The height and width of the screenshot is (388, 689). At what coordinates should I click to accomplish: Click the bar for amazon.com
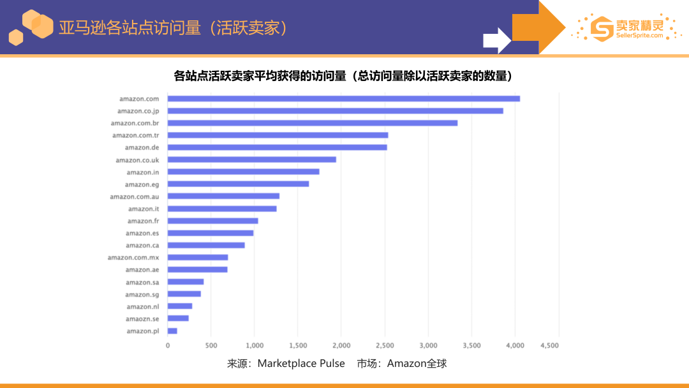(343, 98)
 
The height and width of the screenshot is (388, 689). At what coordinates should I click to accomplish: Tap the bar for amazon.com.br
(312, 123)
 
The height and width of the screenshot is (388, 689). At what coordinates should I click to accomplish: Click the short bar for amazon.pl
(172, 331)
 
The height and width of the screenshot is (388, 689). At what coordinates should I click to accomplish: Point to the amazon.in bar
(243, 172)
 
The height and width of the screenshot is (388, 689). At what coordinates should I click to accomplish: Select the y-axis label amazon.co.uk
(137, 160)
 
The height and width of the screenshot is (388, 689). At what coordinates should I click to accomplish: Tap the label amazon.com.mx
(133, 257)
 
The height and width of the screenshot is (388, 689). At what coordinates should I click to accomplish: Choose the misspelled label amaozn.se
(142, 318)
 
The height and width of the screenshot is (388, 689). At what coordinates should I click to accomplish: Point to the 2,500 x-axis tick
(385, 345)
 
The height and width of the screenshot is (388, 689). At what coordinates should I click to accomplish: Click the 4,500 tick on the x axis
(549, 345)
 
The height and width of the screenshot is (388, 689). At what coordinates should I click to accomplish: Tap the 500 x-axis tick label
(211, 345)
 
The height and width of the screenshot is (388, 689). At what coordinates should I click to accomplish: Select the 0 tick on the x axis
(168, 345)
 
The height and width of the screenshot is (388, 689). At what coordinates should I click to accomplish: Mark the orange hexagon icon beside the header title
(33, 26)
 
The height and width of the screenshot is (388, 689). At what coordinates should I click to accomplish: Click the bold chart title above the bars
(344, 76)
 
